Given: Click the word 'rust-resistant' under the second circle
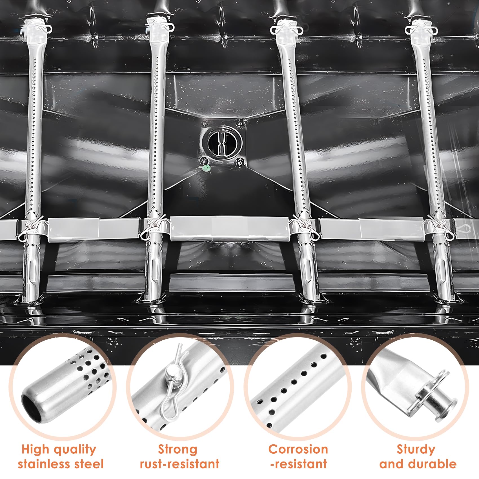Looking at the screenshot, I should click(x=180, y=464).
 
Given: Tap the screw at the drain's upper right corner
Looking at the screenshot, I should click(x=240, y=123).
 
